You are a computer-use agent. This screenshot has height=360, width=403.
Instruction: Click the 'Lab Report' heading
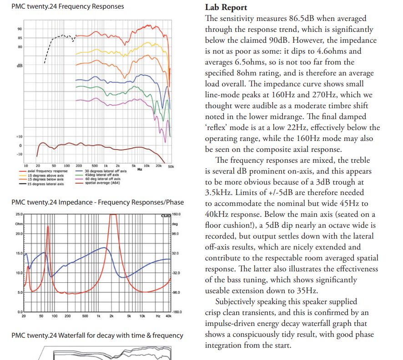[x=226, y=7]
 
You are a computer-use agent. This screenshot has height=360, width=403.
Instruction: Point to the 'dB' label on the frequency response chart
[x=20, y=65]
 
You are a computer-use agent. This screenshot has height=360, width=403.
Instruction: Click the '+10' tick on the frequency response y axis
[x=19, y=136]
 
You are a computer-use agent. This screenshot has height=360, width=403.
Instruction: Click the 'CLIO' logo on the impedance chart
[x=166, y=215]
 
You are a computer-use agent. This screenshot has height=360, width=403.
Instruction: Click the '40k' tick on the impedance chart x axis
[x=169, y=315]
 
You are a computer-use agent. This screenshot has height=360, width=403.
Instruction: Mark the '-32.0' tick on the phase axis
[x=176, y=273]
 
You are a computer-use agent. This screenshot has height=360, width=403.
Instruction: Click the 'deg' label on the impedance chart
[x=175, y=224]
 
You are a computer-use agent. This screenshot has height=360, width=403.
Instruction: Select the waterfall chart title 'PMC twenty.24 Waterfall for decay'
[x=97, y=335]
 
